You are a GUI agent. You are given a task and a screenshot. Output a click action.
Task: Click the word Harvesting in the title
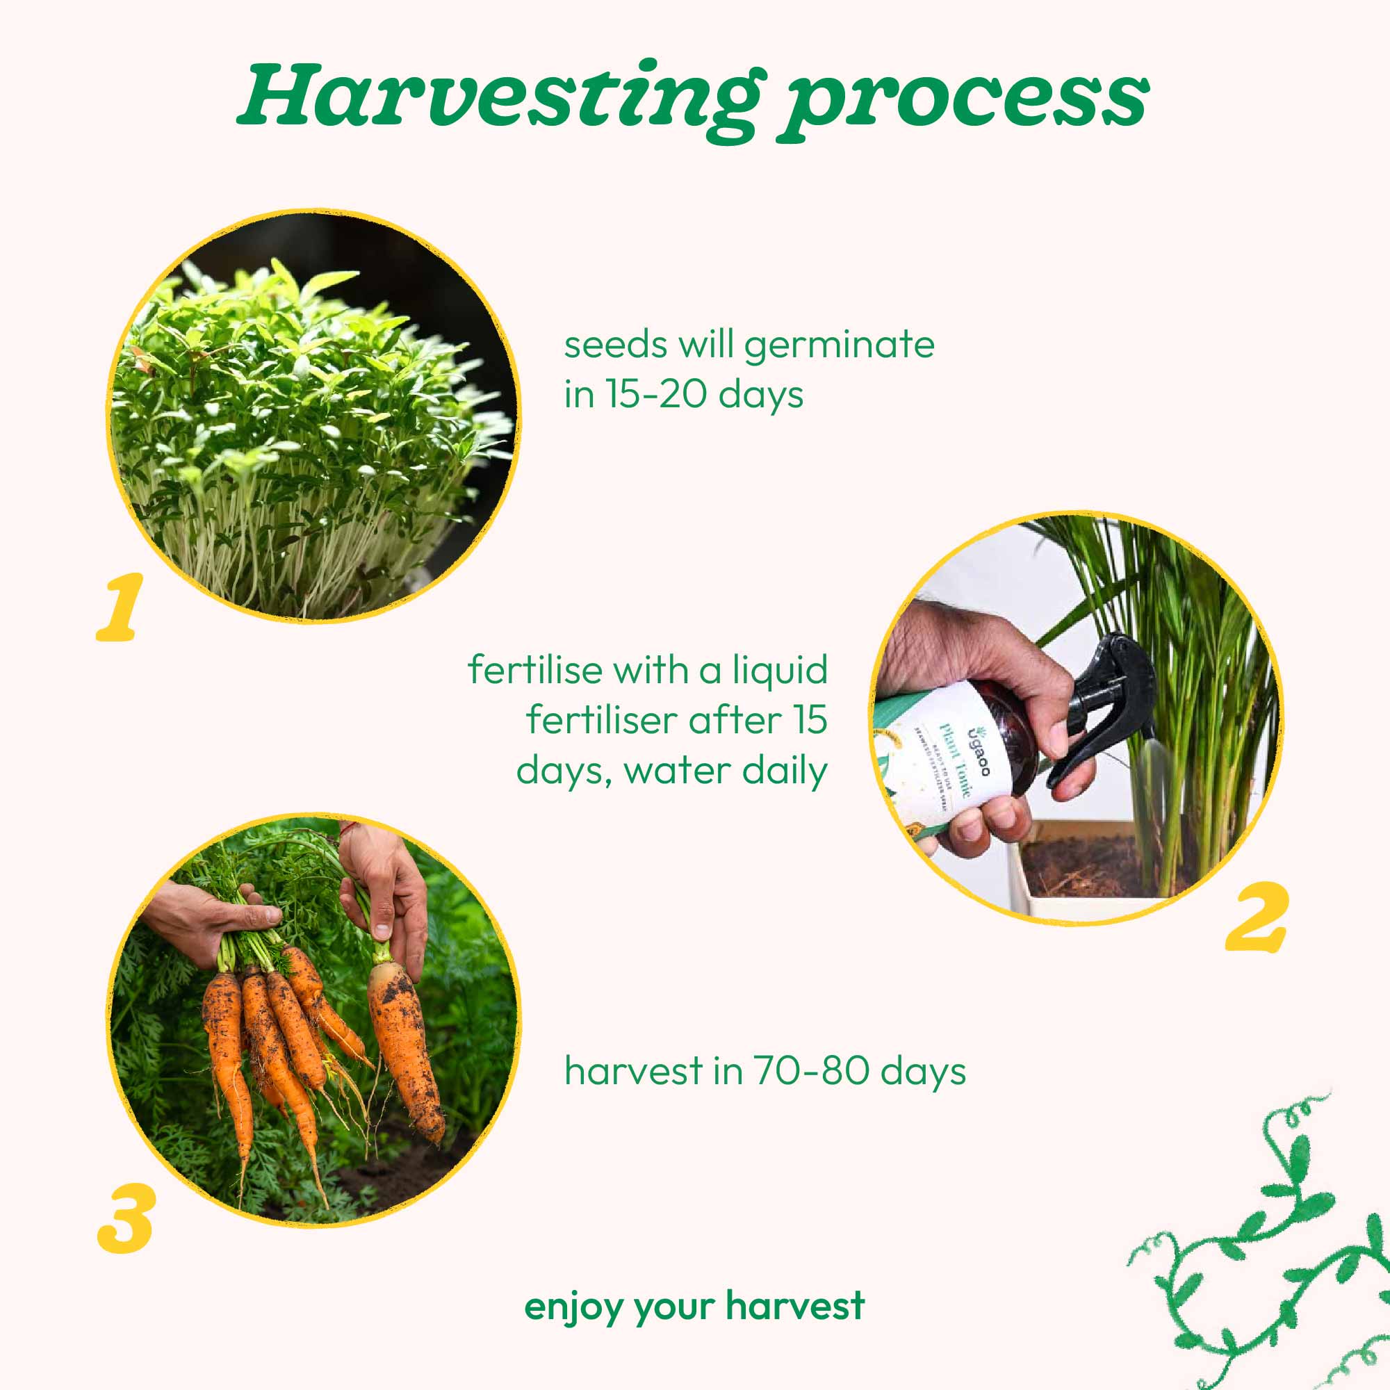tap(496, 97)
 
